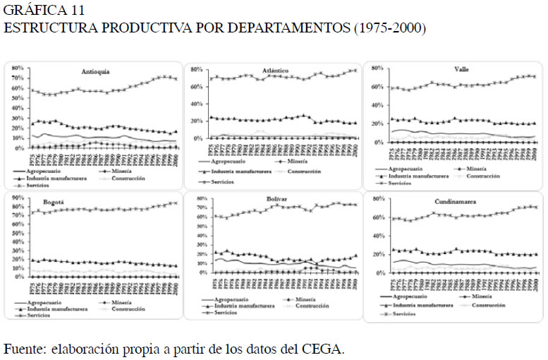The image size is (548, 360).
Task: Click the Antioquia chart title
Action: (95, 71)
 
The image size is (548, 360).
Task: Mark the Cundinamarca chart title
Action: (464, 202)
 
